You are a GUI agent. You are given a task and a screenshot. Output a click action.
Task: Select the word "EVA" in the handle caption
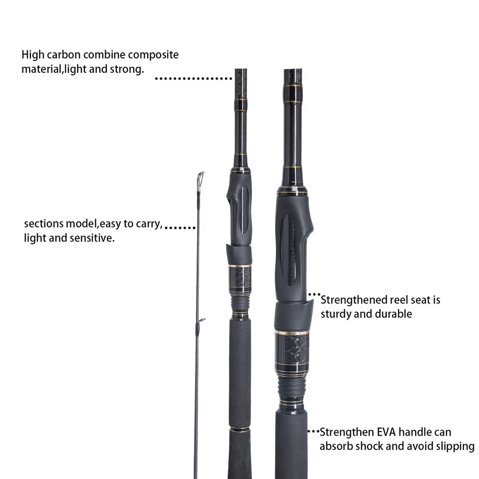pyautogui.click(x=378, y=432)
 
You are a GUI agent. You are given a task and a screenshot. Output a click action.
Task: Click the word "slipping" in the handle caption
pyautogui.click(x=454, y=446)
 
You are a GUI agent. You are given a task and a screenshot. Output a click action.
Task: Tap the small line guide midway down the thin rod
pyautogui.click(x=200, y=321)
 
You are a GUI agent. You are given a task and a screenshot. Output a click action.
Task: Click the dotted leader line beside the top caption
pyautogui.click(x=194, y=78)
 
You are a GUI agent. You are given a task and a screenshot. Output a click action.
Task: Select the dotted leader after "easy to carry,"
pyautogui.click(x=180, y=228)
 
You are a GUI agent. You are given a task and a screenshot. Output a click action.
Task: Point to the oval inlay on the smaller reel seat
pyautogui.click(x=244, y=210)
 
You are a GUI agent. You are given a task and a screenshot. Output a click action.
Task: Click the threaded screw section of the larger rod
pyautogui.click(x=291, y=387)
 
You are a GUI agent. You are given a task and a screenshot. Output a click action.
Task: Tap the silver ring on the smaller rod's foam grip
pyautogui.click(x=240, y=429)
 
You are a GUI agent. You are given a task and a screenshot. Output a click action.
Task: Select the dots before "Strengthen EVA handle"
pyautogui.click(x=313, y=431)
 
